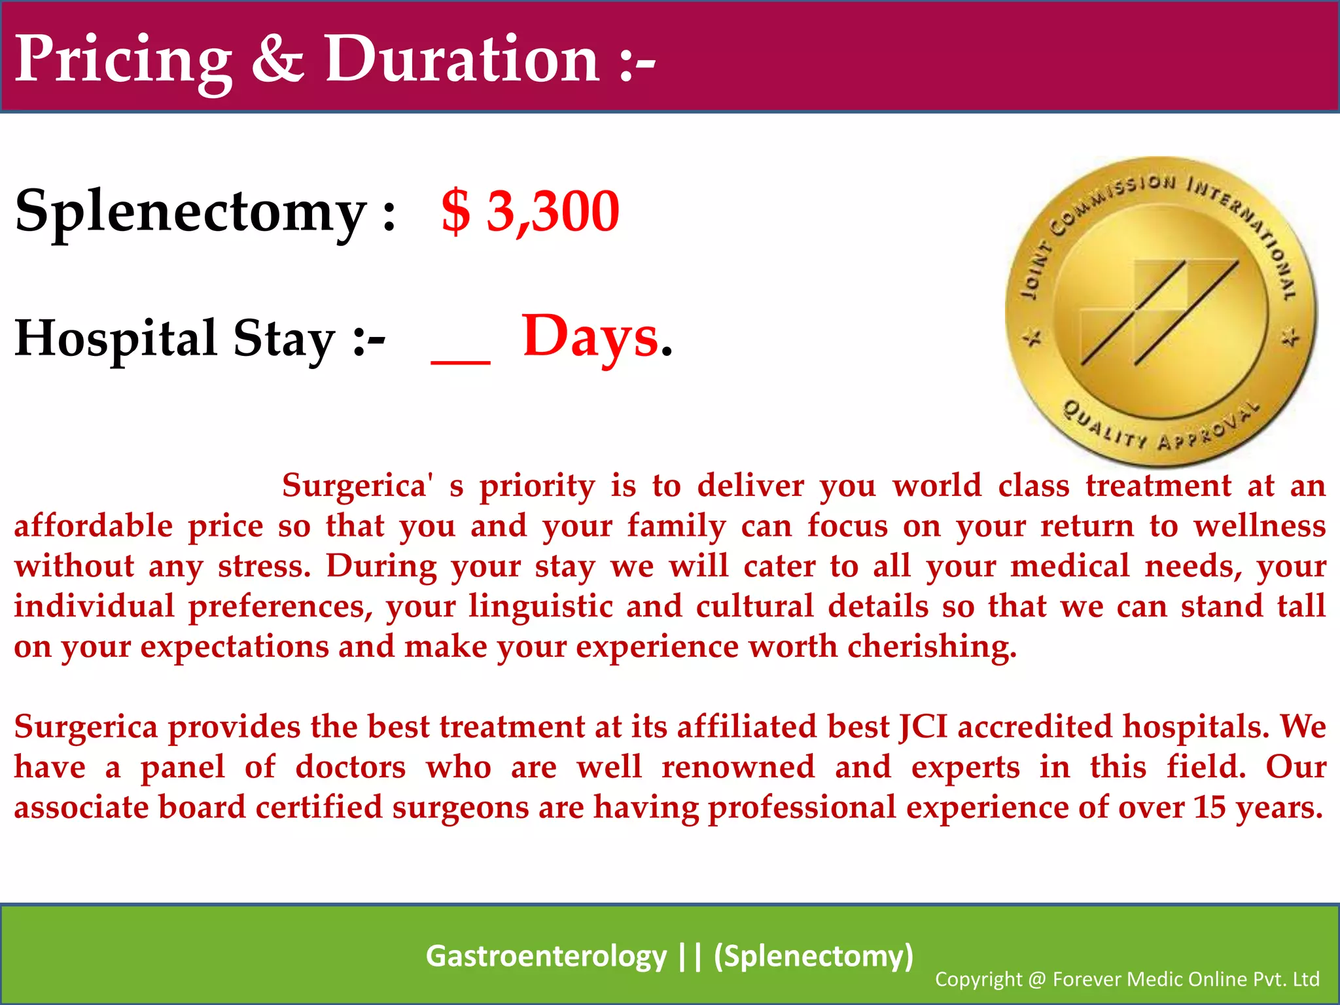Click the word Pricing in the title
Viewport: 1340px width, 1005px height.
coord(123,60)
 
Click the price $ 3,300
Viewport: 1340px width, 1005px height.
coord(530,211)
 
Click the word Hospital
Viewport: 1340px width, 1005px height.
coord(115,339)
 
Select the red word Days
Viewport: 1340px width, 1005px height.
coord(590,337)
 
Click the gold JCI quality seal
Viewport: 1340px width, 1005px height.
coord(1161,311)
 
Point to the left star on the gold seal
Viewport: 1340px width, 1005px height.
coord(1033,338)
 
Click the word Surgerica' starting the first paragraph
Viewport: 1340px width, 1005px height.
coord(357,486)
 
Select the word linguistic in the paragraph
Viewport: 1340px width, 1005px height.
coord(540,606)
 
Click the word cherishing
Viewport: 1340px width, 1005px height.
coord(932,646)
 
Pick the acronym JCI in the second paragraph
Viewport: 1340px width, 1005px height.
coord(923,727)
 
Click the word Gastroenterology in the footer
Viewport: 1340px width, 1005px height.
coord(546,956)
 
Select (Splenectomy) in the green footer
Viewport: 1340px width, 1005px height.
coord(813,956)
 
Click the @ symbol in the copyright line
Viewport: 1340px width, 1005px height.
coord(1037,979)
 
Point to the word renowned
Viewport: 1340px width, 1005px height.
coord(738,767)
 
